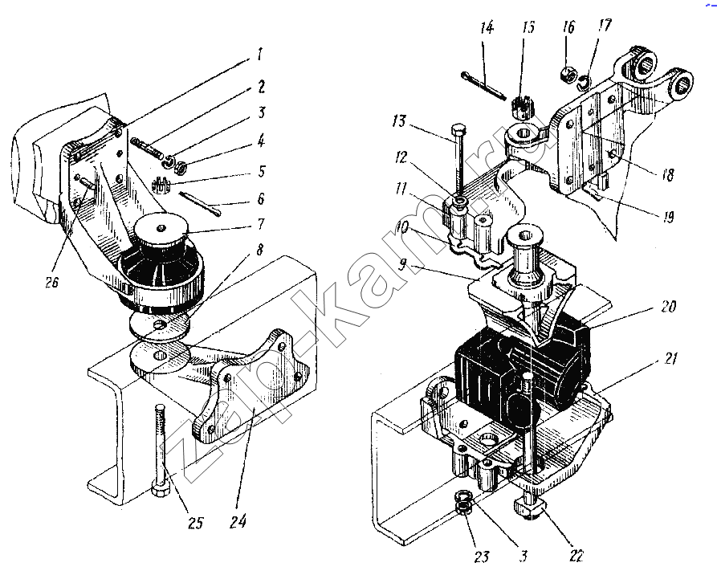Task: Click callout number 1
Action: click(259, 55)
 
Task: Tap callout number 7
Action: click(260, 225)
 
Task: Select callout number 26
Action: click(52, 282)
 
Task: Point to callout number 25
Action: click(195, 523)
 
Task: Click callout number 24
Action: click(238, 521)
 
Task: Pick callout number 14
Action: click(487, 27)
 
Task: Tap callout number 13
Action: click(399, 121)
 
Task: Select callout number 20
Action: click(668, 306)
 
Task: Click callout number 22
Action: click(576, 556)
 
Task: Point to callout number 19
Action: click(668, 216)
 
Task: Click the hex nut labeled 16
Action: click(568, 73)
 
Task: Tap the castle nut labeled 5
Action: click(161, 186)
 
